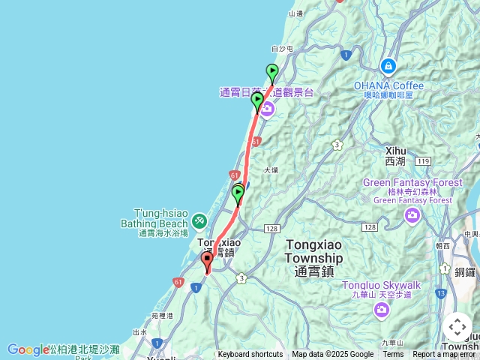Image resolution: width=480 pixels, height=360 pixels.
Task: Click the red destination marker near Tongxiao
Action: click(x=207, y=262)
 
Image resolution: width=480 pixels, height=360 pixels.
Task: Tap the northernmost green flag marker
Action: click(x=271, y=72)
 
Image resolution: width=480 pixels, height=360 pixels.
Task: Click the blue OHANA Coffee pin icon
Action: click(x=388, y=65)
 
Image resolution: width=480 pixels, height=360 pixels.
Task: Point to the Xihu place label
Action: click(x=394, y=155)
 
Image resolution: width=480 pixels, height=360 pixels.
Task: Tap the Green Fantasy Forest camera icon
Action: click(x=412, y=217)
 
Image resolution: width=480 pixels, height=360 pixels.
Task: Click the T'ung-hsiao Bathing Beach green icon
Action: click(x=199, y=220)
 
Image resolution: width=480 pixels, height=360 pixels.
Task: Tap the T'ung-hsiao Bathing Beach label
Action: click(x=154, y=218)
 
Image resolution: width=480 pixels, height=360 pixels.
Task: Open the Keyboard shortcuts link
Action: click(x=250, y=355)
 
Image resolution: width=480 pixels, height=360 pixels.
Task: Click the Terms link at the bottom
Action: click(x=393, y=355)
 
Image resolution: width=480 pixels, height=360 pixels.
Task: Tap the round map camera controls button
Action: click(x=457, y=327)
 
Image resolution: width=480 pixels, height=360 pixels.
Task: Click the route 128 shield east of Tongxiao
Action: click(x=271, y=228)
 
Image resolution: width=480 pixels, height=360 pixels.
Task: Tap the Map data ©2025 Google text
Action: click(x=332, y=355)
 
